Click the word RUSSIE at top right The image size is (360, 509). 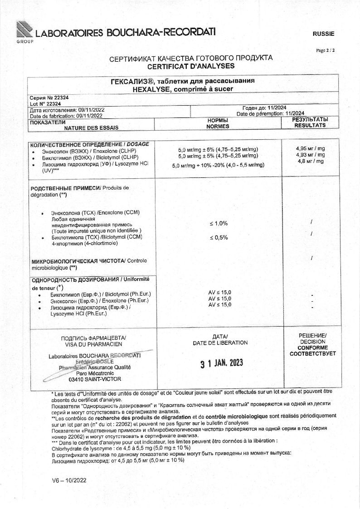323,34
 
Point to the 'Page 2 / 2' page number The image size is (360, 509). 325,50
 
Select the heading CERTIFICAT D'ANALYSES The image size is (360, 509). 191,66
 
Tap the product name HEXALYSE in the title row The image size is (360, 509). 150,89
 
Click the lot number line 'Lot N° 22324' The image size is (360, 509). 45,104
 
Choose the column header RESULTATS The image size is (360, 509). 310,125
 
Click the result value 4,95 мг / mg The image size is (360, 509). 310,148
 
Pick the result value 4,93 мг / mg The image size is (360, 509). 310,155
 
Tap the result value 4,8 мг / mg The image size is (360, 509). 311,161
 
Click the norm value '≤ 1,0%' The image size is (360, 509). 219,224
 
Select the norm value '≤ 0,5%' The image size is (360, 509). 219,238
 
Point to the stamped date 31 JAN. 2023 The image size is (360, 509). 222,363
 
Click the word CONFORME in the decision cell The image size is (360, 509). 312,347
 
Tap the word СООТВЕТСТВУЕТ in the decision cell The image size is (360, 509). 312,353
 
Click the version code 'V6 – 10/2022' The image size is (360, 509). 69,480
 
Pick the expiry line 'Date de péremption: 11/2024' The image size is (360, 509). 270,113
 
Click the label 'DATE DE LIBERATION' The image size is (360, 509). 220,343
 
